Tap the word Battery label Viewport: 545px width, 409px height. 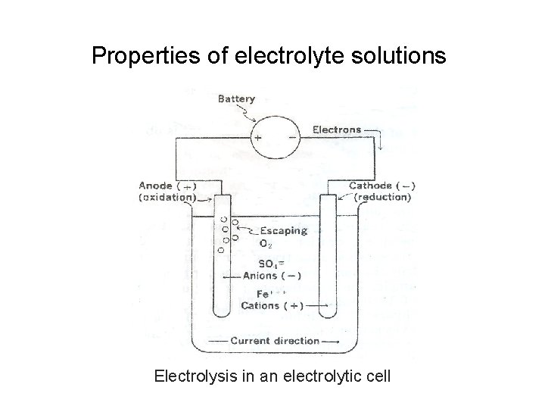coord(237,98)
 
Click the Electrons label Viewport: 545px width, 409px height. coord(338,130)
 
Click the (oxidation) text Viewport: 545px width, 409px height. coord(166,197)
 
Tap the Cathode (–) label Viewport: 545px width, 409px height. coord(381,186)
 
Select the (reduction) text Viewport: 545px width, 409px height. coord(381,197)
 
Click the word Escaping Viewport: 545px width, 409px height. coord(283,231)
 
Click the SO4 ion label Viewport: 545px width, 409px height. coord(271,264)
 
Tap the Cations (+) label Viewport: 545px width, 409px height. coord(272,306)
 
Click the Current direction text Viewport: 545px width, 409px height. coord(275,341)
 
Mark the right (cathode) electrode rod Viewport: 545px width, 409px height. coord(327,265)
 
